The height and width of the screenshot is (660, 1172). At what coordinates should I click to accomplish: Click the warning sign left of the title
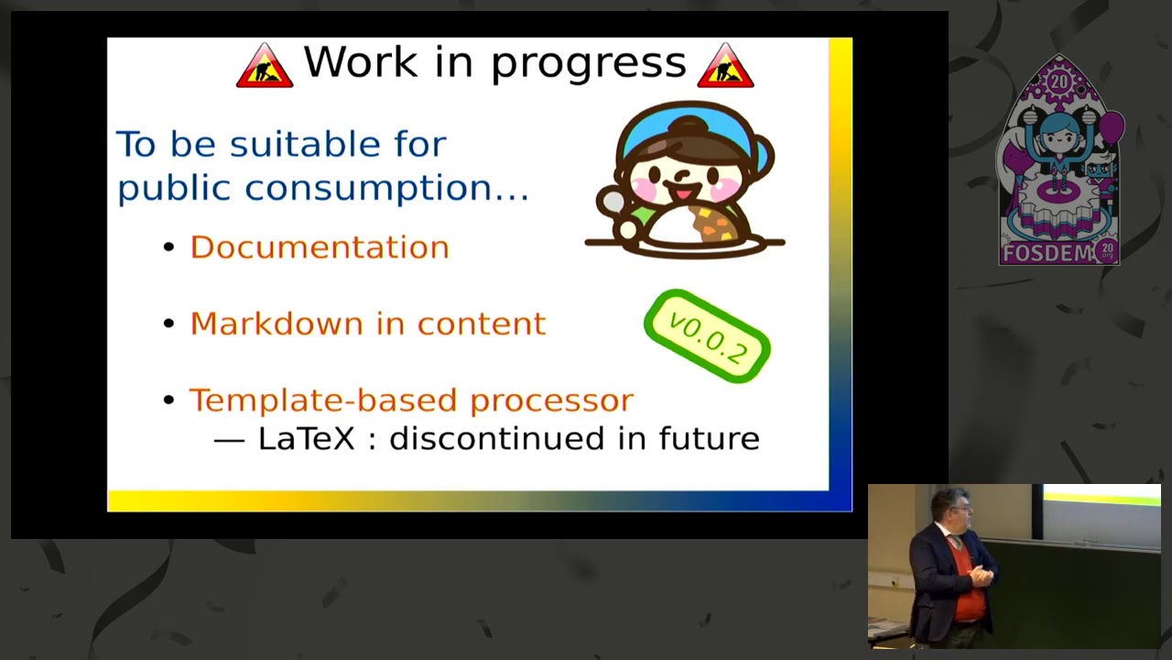pos(265,66)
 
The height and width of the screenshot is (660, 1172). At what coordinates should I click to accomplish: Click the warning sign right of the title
pos(725,66)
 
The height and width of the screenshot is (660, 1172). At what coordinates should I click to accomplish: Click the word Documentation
pos(320,247)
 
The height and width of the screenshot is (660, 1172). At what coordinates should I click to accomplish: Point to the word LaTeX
pos(306,438)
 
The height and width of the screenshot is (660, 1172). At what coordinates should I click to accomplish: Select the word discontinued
pos(499,438)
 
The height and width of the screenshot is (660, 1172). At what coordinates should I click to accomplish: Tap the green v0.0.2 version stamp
pos(708,336)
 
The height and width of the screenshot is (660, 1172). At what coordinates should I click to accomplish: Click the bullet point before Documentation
pos(168,247)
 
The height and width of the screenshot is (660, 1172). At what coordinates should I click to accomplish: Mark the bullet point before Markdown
pos(168,324)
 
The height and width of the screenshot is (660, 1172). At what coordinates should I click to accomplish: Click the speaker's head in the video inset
pos(946,508)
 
